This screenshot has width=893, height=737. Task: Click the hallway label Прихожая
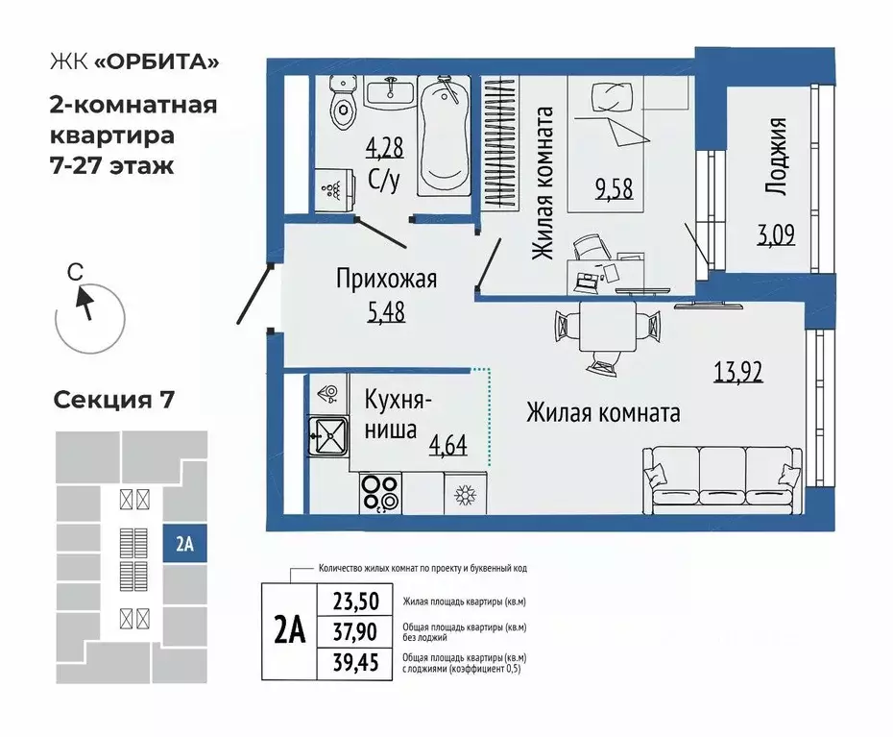coord(386,280)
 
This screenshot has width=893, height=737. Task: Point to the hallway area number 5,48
coord(386,312)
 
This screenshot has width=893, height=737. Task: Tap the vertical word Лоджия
coord(778,158)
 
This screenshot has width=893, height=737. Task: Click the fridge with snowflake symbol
coord(466,496)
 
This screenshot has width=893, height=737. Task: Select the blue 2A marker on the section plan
coord(184,544)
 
